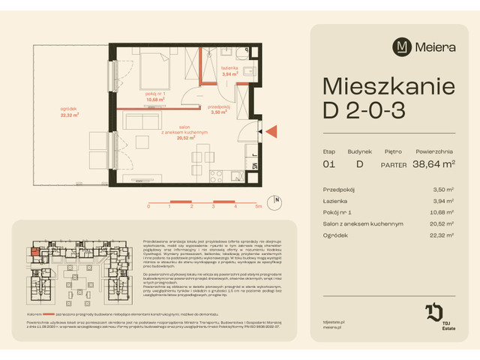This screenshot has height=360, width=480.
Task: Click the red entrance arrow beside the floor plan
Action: click(271, 132)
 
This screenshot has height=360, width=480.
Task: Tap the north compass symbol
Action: click(277, 201)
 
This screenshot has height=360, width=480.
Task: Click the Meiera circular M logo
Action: click(403, 46)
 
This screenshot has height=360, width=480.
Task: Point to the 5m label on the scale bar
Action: click(258, 205)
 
